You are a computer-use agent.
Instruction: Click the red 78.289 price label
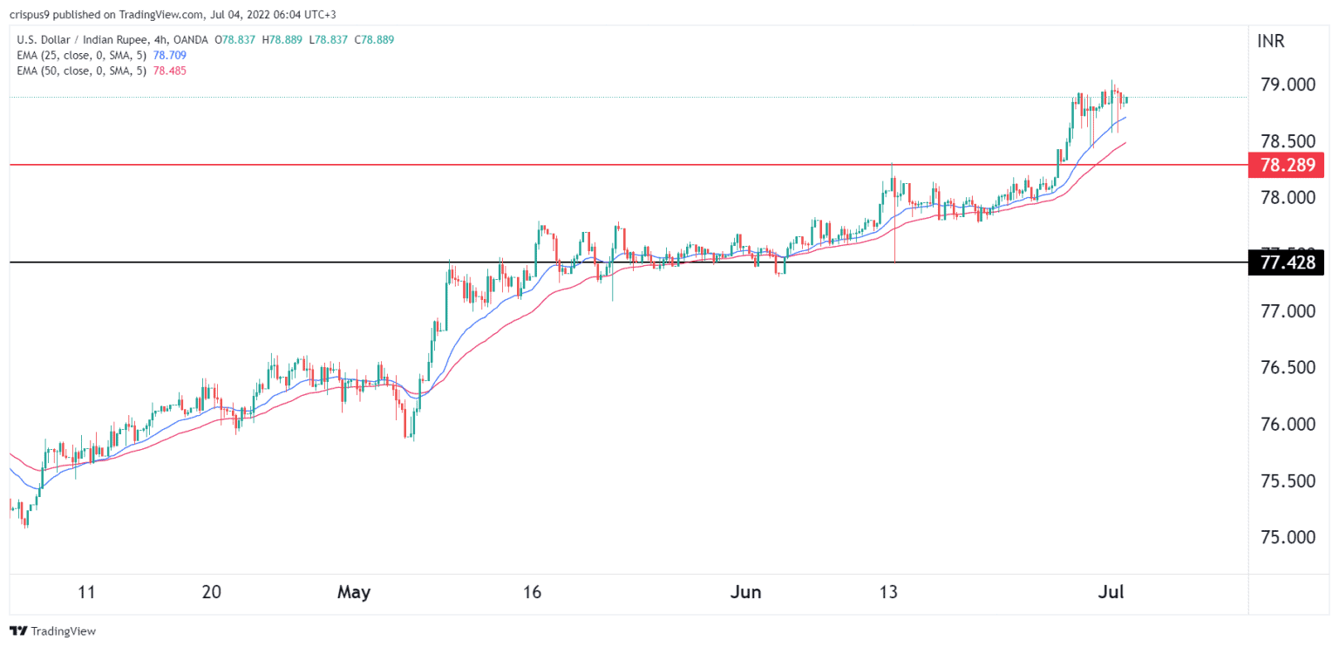click(x=1285, y=164)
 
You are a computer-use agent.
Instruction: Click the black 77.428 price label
click(x=1285, y=262)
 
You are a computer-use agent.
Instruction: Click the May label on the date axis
click(x=354, y=592)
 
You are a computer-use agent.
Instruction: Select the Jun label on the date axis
click(x=745, y=592)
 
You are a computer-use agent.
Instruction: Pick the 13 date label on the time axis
click(x=888, y=592)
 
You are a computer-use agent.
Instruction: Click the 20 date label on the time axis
click(x=211, y=592)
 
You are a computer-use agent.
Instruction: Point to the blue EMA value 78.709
click(x=169, y=55)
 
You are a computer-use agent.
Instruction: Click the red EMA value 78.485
click(x=169, y=70)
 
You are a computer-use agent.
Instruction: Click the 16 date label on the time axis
click(x=532, y=592)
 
